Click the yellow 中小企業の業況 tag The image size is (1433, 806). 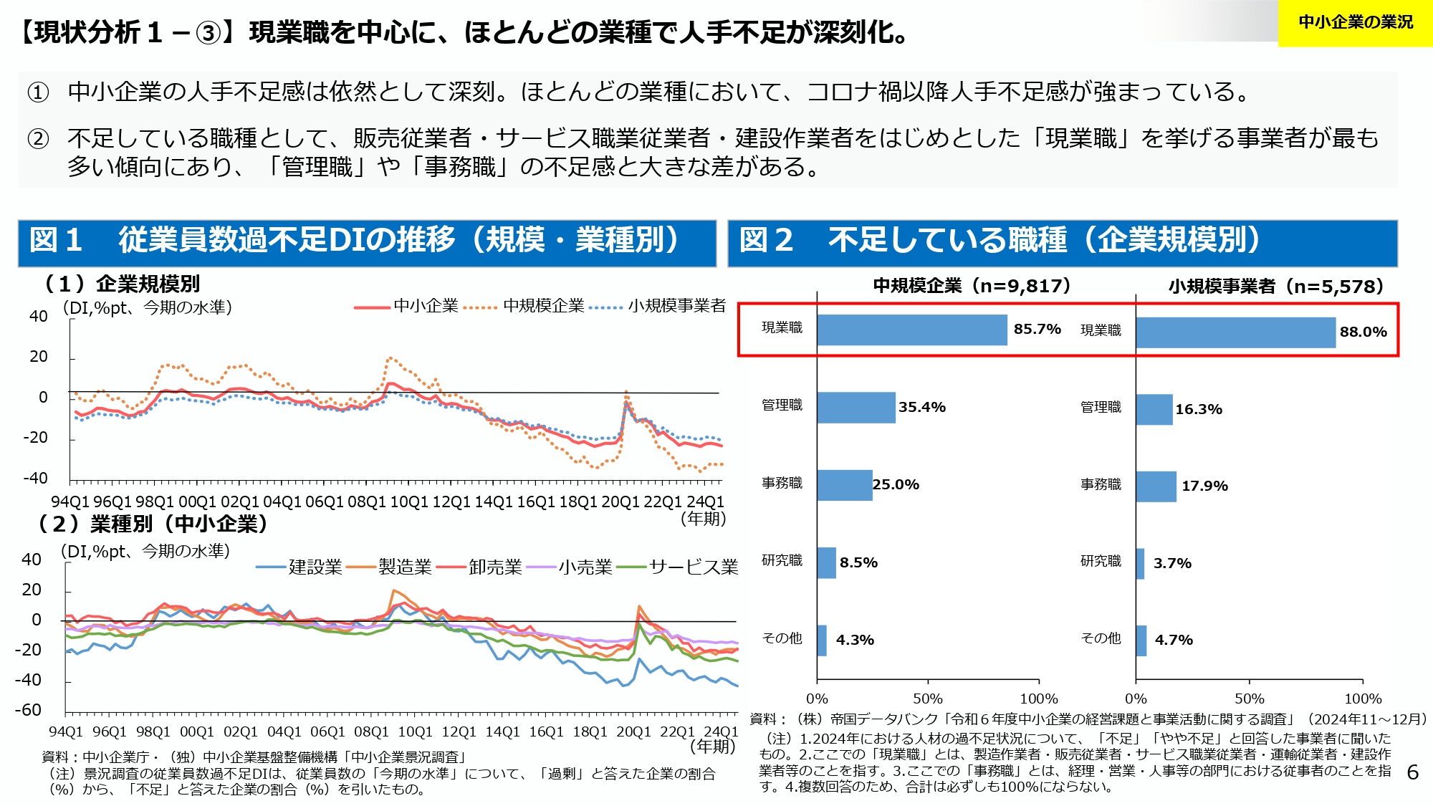click(1355, 23)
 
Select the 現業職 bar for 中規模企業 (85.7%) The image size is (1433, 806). click(911, 330)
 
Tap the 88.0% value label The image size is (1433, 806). click(1363, 332)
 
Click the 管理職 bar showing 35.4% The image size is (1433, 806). click(856, 408)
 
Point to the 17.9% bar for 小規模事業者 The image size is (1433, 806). click(1156, 486)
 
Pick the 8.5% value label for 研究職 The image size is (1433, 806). click(858, 563)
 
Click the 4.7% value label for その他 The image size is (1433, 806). click(1174, 641)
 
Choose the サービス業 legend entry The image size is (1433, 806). click(678, 567)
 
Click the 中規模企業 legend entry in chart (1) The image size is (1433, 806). click(525, 307)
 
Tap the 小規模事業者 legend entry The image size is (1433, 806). click(658, 307)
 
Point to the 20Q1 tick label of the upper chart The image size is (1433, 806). click(620, 502)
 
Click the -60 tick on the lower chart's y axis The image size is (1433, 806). click(29, 710)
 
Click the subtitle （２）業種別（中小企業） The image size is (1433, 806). click(153, 524)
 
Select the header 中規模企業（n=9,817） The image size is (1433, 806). click(972, 287)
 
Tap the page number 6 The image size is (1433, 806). click(1412, 772)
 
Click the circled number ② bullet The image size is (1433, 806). click(38, 138)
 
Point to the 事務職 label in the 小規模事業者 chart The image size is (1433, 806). click(1101, 485)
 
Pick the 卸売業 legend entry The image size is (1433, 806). click(480, 567)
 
